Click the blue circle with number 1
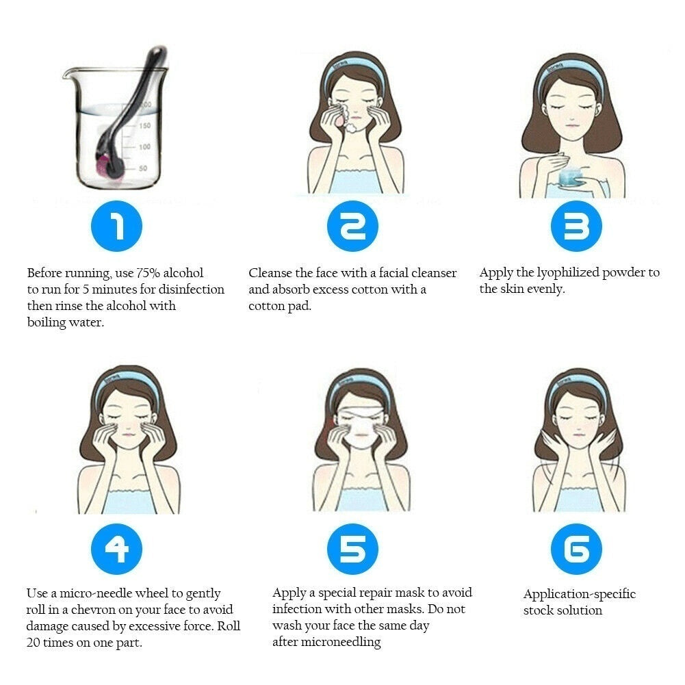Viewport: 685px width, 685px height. (x=116, y=226)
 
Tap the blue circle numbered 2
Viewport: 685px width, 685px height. (x=352, y=226)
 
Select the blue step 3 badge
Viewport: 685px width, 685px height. (x=576, y=226)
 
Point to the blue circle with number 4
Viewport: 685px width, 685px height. (x=116, y=549)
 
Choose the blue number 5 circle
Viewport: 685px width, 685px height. (x=352, y=549)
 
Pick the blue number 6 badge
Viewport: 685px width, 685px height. (x=576, y=549)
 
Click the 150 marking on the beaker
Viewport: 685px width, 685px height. (x=144, y=126)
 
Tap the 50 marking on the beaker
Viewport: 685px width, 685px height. (x=143, y=168)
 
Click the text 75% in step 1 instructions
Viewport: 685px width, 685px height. (x=147, y=272)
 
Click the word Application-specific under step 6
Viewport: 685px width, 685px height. (x=580, y=594)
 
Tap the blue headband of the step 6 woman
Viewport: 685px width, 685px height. (x=578, y=384)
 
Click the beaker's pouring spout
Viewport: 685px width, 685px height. (x=68, y=73)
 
